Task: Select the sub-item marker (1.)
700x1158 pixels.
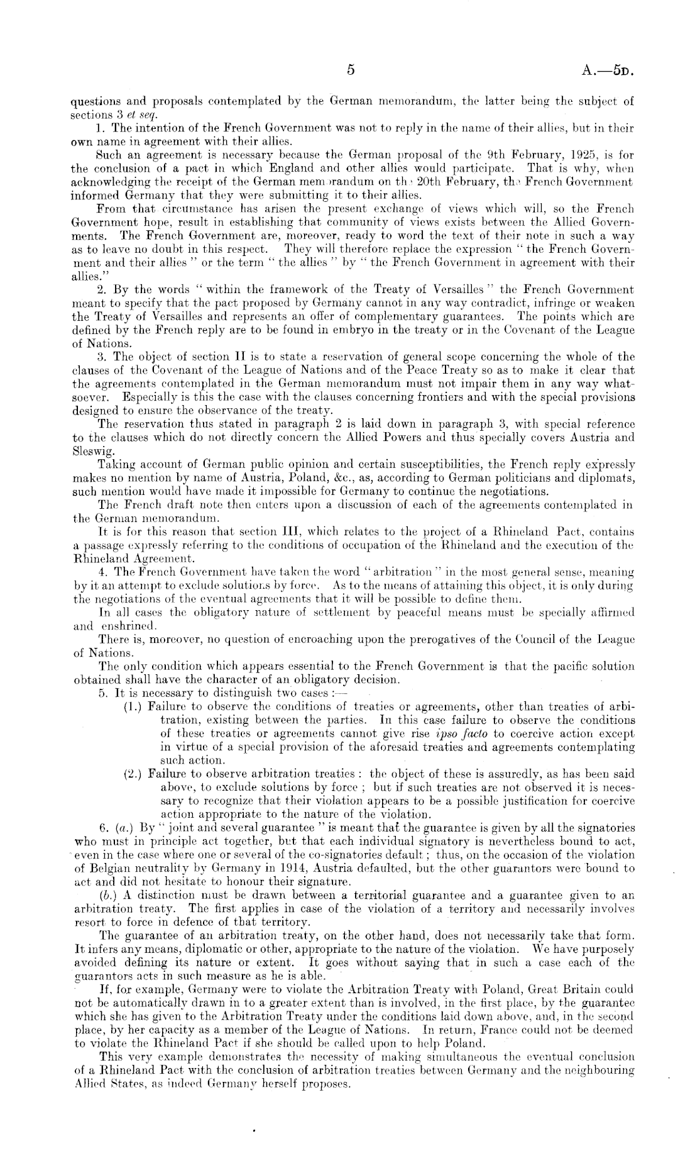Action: (x=133, y=706)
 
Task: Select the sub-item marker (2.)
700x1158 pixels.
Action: (x=133, y=774)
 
